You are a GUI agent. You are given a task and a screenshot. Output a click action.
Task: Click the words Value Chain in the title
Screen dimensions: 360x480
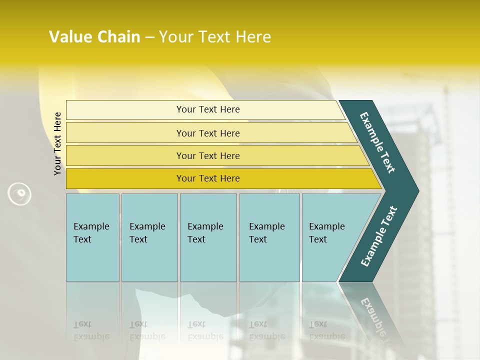point(94,37)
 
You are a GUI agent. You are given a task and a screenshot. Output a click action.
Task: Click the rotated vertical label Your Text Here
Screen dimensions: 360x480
point(57,143)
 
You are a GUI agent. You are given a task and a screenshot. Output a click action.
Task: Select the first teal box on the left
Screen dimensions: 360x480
point(92,237)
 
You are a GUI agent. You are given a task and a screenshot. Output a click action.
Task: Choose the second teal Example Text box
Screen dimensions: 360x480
point(149,237)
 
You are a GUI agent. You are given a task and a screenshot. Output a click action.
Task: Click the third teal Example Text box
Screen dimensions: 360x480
point(208,237)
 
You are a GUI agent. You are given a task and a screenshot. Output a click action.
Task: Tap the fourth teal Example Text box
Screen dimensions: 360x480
point(269,237)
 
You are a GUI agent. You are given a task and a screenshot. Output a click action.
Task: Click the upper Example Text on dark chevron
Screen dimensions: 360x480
point(377,142)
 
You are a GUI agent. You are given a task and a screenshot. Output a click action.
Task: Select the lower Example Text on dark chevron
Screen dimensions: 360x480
point(379,236)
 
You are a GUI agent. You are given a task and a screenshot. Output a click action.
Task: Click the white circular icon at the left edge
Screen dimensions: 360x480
point(19,194)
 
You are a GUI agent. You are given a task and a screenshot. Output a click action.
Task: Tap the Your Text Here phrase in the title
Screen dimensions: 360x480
point(215,37)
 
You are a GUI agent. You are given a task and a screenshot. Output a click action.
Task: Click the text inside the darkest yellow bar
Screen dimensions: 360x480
point(208,178)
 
